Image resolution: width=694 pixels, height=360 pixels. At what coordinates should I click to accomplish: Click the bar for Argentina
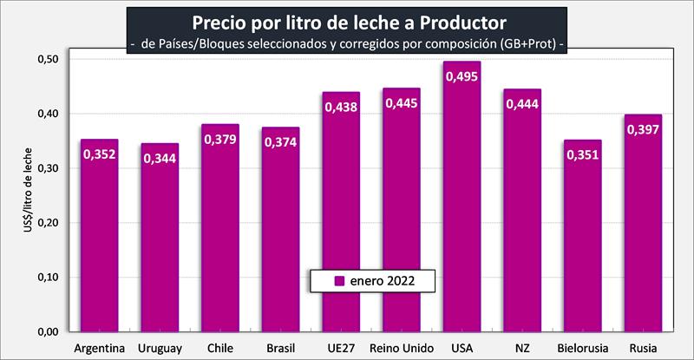click(x=100, y=234)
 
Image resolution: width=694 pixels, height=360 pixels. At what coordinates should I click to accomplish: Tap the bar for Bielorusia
click(x=581, y=234)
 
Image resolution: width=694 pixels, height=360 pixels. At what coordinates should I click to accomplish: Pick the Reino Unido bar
click(x=401, y=217)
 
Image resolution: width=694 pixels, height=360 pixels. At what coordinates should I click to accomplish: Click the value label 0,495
click(x=462, y=76)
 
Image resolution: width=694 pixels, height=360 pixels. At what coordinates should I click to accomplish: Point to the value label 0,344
click(x=160, y=159)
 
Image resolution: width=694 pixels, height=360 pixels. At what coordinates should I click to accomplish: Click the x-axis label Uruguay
click(x=160, y=348)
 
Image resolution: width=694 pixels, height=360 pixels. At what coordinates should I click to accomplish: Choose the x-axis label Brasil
click(x=280, y=348)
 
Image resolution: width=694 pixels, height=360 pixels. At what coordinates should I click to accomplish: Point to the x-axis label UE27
click(x=341, y=348)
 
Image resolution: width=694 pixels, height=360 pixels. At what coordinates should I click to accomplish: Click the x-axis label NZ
click(x=521, y=348)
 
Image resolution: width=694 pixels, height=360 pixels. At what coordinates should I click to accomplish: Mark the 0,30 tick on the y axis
click(x=46, y=167)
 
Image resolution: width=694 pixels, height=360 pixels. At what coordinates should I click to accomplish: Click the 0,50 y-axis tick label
click(x=46, y=59)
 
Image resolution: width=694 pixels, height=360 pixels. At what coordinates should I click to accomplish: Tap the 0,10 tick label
click(x=46, y=277)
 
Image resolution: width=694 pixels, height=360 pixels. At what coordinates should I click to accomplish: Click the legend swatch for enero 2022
click(x=339, y=281)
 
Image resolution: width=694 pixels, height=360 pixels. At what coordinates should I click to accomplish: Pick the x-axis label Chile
click(x=220, y=348)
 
